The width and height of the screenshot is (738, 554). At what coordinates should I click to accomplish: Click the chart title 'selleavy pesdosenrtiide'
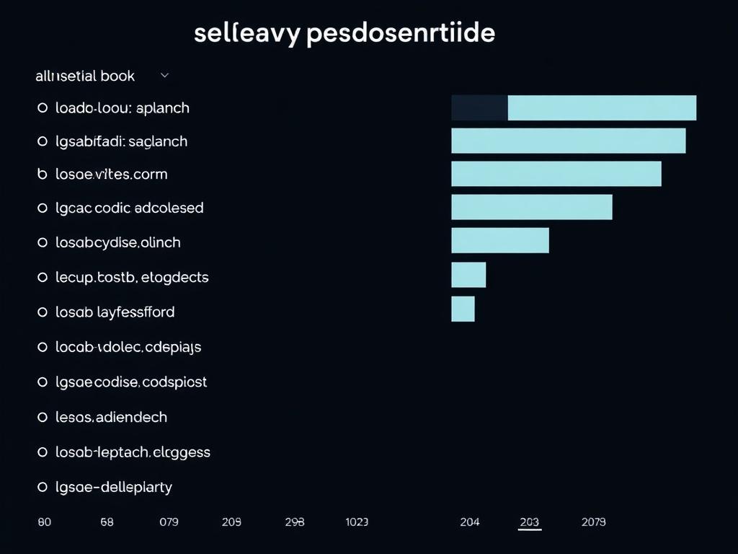click(x=344, y=34)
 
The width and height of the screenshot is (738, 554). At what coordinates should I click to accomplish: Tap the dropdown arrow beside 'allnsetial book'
click(x=164, y=74)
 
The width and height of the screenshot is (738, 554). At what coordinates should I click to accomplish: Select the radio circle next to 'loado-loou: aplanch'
click(x=42, y=108)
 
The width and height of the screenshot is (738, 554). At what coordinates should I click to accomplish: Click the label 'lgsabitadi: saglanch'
click(x=121, y=141)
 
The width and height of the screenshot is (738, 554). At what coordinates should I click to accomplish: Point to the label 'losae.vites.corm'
click(x=111, y=174)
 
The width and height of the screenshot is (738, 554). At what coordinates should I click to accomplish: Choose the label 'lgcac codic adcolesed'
click(x=130, y=208)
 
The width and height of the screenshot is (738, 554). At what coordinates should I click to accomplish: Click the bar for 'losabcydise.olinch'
click(x=500, y=241)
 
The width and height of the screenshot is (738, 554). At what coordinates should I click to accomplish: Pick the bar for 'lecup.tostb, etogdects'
click(x=468, y=275)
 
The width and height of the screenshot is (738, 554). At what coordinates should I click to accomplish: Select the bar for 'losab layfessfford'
click(x=463, y=309)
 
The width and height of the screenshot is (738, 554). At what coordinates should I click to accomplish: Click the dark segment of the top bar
click(x=479, y=107)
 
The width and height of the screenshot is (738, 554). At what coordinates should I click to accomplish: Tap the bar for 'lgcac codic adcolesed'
click(x=532, y=207)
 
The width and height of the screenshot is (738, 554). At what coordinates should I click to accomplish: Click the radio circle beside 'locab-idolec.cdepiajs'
click(x=42, y=347)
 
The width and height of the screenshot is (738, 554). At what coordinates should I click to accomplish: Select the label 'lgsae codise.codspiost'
click(x=131, y=382)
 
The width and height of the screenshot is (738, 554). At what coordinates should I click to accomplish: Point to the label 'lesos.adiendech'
click(x=111, y=417)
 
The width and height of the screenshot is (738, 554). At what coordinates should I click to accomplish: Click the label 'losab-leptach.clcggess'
click(x=133, y=452)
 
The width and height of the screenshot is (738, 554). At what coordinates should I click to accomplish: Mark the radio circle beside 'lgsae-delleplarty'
click(x=42, y=487)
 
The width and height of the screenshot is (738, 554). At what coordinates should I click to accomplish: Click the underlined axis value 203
click(x=530, y=522)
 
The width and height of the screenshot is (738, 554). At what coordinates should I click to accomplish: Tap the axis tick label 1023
click(x=357, y=522)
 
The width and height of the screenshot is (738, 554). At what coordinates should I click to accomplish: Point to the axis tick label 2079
click(x=593, y=522)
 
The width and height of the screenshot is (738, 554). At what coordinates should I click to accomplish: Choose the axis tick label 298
click(x=294, y=522)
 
